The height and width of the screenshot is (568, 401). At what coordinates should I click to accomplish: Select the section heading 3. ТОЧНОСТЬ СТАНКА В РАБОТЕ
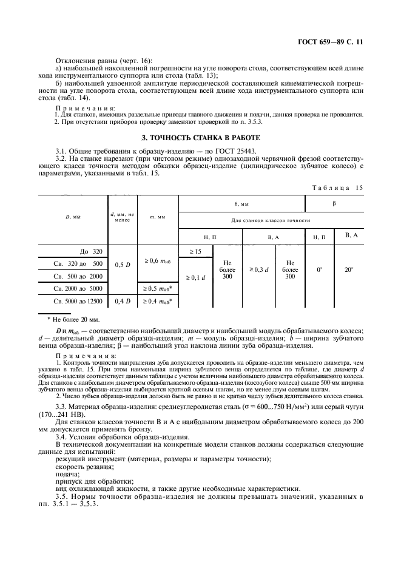click(x=200, y=138)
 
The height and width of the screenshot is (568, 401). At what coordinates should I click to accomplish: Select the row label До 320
click(x=91, y=251)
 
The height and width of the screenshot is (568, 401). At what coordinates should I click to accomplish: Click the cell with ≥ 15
click(x=194, y=251)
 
